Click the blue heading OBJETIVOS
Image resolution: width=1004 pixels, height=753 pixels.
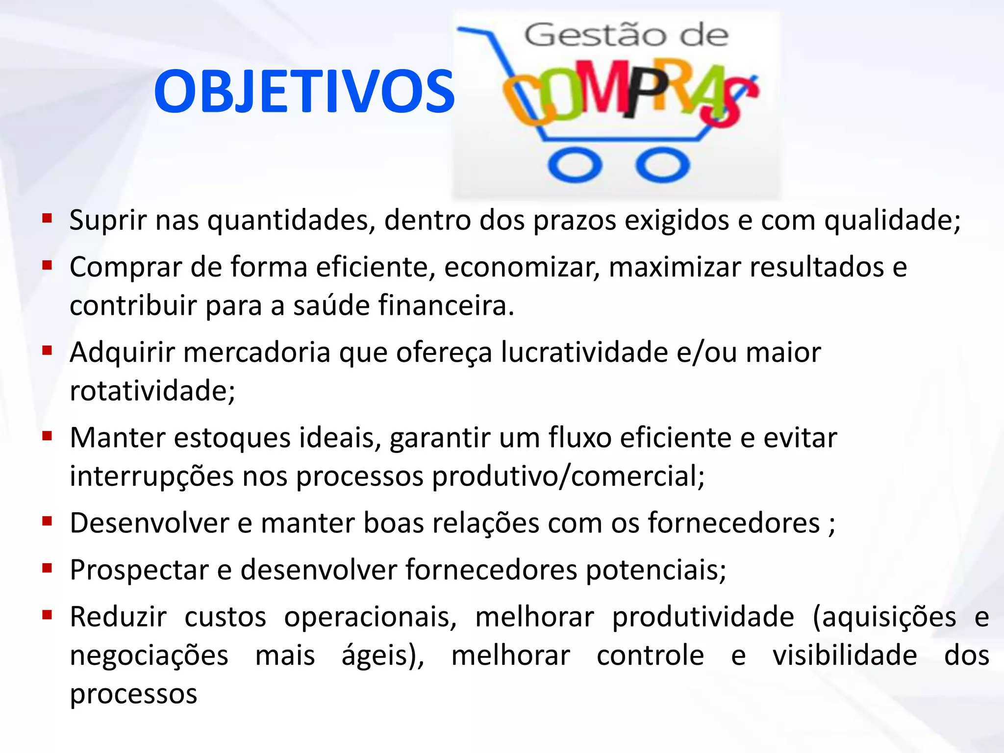click(304, 92)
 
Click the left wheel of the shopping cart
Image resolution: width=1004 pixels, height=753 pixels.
click(575, 165)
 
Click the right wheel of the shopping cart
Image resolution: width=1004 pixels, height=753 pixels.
click(662, 165)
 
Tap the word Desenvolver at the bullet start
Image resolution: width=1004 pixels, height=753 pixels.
click(149, 523)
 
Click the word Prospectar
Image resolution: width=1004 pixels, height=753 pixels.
click(139, 570)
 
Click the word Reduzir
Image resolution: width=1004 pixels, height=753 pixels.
click(118, 617)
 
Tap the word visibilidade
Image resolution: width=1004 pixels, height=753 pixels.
click(845, 655)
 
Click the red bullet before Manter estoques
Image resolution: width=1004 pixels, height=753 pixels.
click(47, 436)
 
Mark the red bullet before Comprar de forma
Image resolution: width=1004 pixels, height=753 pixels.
click(47, 266)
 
